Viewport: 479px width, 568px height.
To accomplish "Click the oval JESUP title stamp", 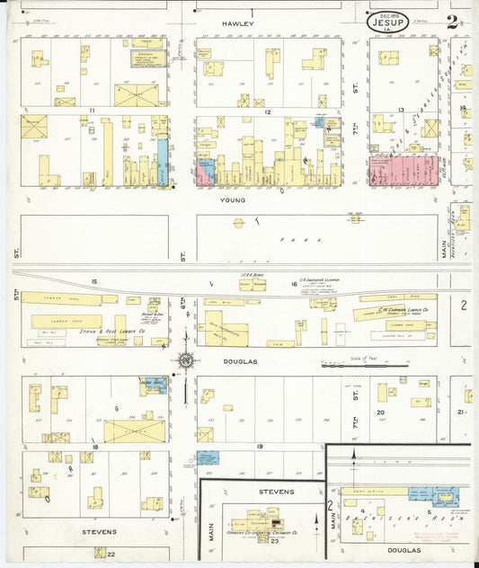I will click(387, 22).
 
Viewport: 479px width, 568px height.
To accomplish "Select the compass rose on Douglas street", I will click(186, 360).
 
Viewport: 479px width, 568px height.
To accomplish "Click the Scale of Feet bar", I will click(364, 366).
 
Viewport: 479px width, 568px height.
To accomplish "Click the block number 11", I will click(92, 111).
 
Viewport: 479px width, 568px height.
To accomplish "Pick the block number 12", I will click(268, 111).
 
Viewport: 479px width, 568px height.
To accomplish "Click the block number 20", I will click(380, 413).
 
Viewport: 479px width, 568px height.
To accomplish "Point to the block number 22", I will click(111, 554).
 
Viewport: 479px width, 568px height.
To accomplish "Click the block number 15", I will click(92, 283).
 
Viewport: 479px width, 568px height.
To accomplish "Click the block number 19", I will click(258, 447).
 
